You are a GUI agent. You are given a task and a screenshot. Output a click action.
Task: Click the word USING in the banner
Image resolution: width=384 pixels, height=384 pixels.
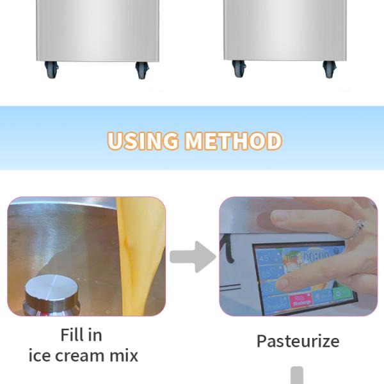143,141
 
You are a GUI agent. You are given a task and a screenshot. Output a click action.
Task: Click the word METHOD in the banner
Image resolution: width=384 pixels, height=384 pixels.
233,141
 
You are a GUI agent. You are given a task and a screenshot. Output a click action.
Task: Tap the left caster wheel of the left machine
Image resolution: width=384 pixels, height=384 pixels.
51,70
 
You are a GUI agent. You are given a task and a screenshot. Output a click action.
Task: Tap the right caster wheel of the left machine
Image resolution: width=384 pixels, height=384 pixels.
141,70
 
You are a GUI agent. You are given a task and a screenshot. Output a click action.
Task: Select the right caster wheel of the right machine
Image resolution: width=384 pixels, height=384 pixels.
328,70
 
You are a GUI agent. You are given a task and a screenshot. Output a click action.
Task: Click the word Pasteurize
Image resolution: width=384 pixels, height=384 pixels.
298,341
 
